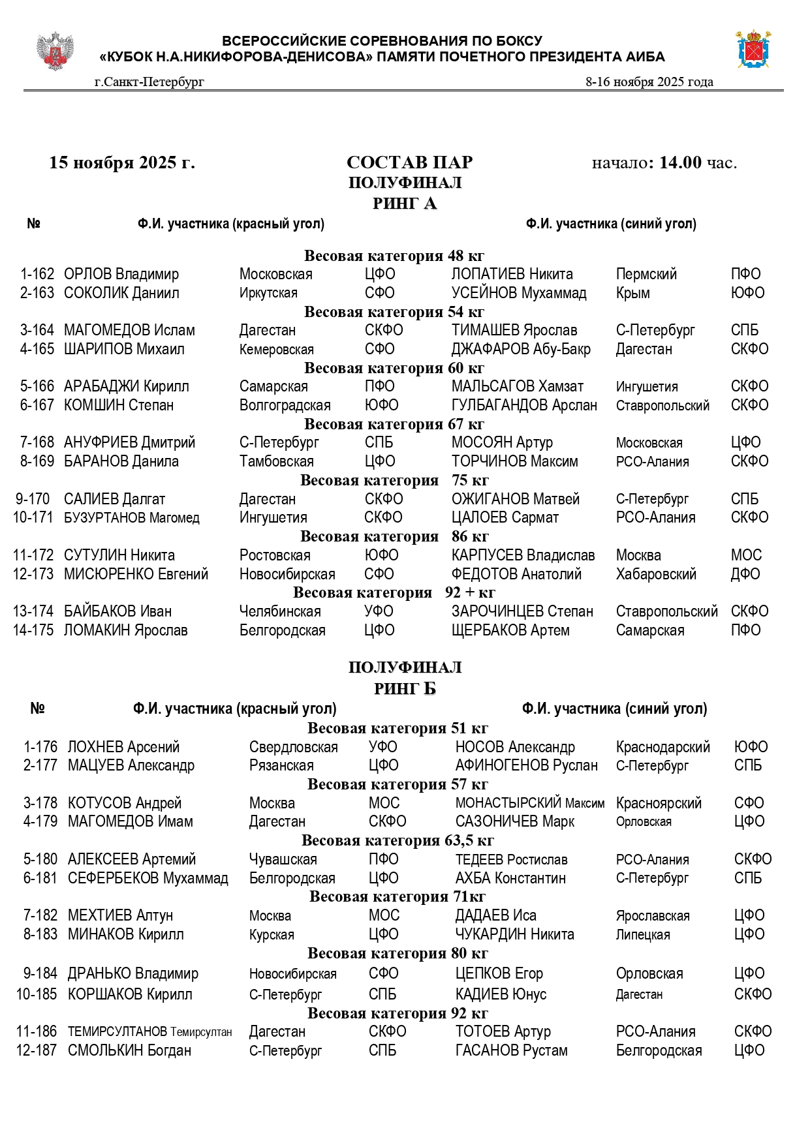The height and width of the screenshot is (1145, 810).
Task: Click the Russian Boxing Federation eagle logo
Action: (x=55, y=51)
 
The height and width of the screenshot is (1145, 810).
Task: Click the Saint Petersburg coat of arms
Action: (x=754, y=49)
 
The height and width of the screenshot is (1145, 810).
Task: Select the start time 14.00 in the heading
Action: (x=680, y=162)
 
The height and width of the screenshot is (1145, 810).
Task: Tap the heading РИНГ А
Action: (x=405, y=204)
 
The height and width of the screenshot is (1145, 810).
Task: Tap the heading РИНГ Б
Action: (x=405, y=689)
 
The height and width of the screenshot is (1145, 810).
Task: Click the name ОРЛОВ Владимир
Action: (x=121, y=274)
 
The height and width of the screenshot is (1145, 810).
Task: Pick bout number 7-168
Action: (x=37, y=442)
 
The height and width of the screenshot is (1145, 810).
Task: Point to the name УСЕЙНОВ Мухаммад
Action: (x=519, y=293)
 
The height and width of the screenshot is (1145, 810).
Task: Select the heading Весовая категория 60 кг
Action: (x=394, y=368)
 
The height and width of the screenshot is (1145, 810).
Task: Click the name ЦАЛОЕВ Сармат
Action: (x=505, y=517)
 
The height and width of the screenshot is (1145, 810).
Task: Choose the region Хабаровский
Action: (x=656, y=574)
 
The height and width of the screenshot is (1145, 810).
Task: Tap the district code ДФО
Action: (x=745, y=574)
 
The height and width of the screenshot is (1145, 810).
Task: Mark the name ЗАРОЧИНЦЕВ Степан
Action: (x=522, y=611)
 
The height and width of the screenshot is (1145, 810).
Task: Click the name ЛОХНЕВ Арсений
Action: (x=123, y=747)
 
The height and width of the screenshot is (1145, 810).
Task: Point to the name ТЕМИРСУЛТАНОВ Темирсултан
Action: (x=150, y=1031)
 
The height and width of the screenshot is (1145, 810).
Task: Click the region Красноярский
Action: (x=659, y=803)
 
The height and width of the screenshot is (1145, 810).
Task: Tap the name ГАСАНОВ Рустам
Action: (x=512, y=1050)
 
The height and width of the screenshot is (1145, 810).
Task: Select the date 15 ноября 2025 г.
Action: (x=122, y=162)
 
